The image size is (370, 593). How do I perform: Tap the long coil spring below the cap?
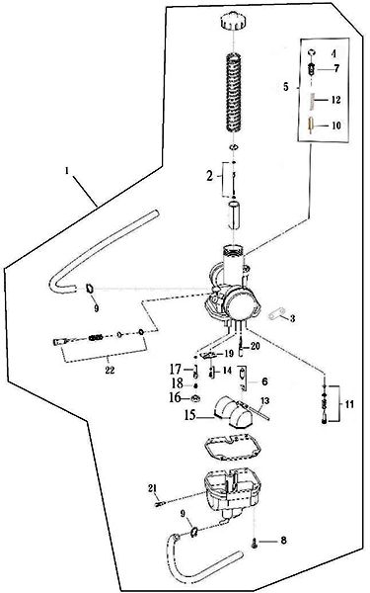[x=234, y=94]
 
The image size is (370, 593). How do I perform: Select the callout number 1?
[x=67, y=171]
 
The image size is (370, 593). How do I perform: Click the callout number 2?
[x=210, y=176]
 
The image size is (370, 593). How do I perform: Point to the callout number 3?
[x=293, y=318]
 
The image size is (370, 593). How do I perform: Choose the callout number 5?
[x=286, y=87]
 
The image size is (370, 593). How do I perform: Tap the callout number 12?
[x=335, y=100]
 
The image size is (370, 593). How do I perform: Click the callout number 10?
[x=336, y=126]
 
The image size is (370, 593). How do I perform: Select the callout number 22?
[x=110, y=371]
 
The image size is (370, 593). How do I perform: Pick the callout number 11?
[x=349, y=404]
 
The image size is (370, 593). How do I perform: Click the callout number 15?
[x=189, y=415]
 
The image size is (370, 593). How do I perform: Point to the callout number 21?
[x=152, y=488]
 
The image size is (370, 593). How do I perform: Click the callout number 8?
[x=283, y=541]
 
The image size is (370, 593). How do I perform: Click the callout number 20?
[x=256, y=346]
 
